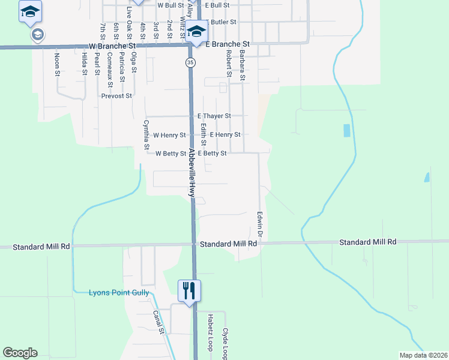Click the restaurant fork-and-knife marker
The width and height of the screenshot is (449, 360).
(x=189, y=291)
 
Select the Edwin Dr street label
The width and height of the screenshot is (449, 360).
(x=261, y=222)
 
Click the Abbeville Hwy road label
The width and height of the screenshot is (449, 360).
(x=192, y=173)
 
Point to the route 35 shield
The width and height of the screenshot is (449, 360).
(x=189, y=62)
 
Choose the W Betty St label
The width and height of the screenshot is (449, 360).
(x=171, y=154)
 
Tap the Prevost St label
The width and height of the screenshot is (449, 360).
(x=116, y=96)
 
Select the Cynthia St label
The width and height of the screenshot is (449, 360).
(x=146, y=134)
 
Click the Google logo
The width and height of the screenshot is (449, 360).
(x=20, y=353)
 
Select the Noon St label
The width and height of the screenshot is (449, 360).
(x=58, y=64)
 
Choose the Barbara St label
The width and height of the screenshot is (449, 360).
(x=243, y=65)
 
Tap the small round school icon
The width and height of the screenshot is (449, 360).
(x=38, y=35)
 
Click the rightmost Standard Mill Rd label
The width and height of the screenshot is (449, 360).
(x=368, y=242)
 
